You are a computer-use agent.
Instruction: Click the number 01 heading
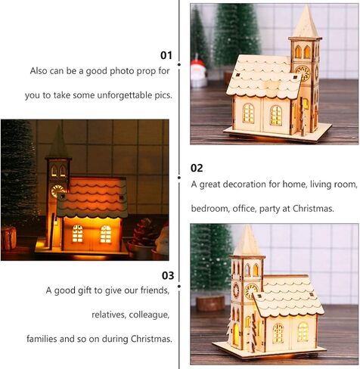coord(166,55)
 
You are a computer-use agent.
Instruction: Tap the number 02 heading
coord(197,168)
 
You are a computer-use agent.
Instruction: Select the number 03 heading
coord(166,275)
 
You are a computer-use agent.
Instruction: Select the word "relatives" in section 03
coord(107,315)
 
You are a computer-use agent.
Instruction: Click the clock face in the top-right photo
coord(303,74)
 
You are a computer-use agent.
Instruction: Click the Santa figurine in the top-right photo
coord(199,73)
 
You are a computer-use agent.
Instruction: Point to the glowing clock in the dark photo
coord(56,191)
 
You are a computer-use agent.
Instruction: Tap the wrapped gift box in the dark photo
coord(8,237)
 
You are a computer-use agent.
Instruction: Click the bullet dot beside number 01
coord(178,65)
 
